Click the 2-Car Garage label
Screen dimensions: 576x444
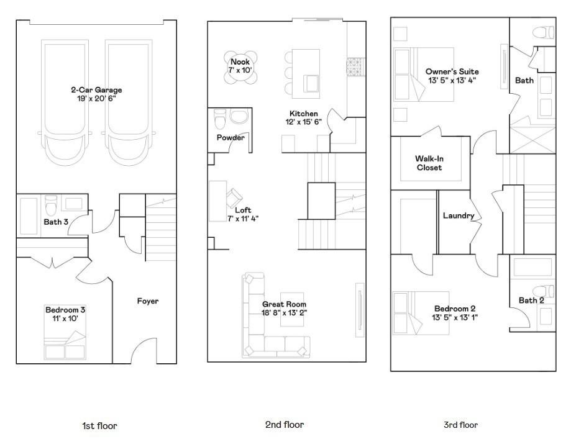(x=96, y=90)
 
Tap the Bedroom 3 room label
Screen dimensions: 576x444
(x=65, y=310)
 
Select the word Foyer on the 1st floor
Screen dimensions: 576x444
(x=148, y=301)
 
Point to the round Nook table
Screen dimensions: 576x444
(x=240, y=67)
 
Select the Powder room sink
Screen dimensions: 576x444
(x=239, y=117)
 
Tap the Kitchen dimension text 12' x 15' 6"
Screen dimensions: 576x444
(x=303, y=122)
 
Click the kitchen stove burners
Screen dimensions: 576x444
(x=355, y=67)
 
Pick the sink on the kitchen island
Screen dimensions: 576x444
(x=311, y=83)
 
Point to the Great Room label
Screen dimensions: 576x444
(x=284, y=304)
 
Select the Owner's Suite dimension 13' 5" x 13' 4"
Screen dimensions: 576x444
(x=452, y=81)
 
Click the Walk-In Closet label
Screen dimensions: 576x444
(x=429, y=163)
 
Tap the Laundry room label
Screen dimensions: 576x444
(x=459, y=215)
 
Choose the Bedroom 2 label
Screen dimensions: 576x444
(x=455, y=309)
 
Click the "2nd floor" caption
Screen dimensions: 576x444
(x=285, y=425)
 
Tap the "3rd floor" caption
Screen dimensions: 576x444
(x=460, y=425)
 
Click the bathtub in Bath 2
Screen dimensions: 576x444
(x=533, y=268)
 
